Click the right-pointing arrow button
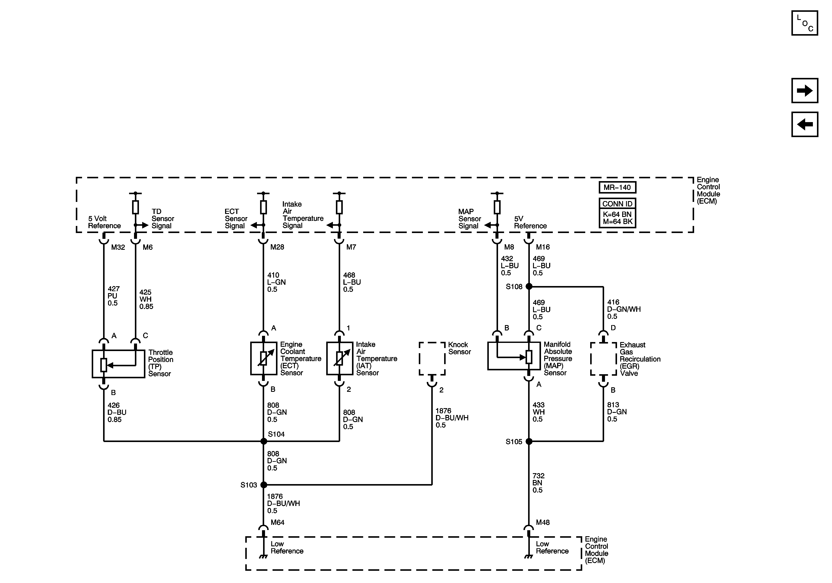tap(805, 91)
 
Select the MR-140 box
tap(617, 187)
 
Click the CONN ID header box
tap(617, 203)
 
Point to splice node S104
tap(264, 441)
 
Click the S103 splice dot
tap(264, 485)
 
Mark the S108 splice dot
tap(529, 286)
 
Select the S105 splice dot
tap(529, 441)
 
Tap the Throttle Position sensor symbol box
tap(119, 364)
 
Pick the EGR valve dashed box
tap(603, 359)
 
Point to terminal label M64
tap(277, 522)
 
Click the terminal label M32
tap(118, 247)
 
